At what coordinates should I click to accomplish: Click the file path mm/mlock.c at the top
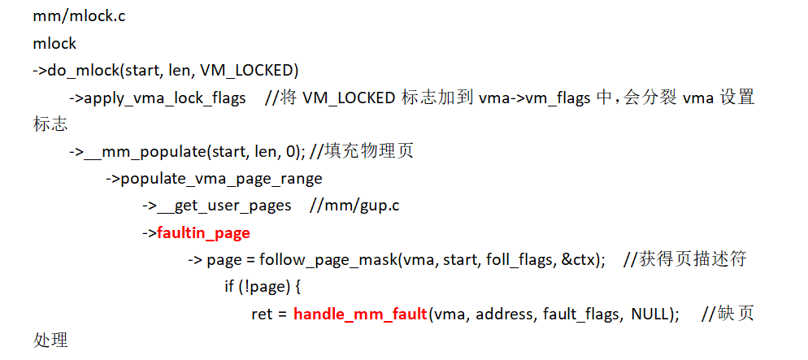coord(80,16)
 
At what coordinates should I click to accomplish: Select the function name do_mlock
coord(85,71)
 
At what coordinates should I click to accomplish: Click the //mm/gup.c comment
coord(354,206)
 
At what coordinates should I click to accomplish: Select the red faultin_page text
coord(203,233)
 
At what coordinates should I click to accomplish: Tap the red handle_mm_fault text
coord(360,314)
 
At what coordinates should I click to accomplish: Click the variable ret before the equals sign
coord(262,314)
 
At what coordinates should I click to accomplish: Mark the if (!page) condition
coord(259,287)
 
